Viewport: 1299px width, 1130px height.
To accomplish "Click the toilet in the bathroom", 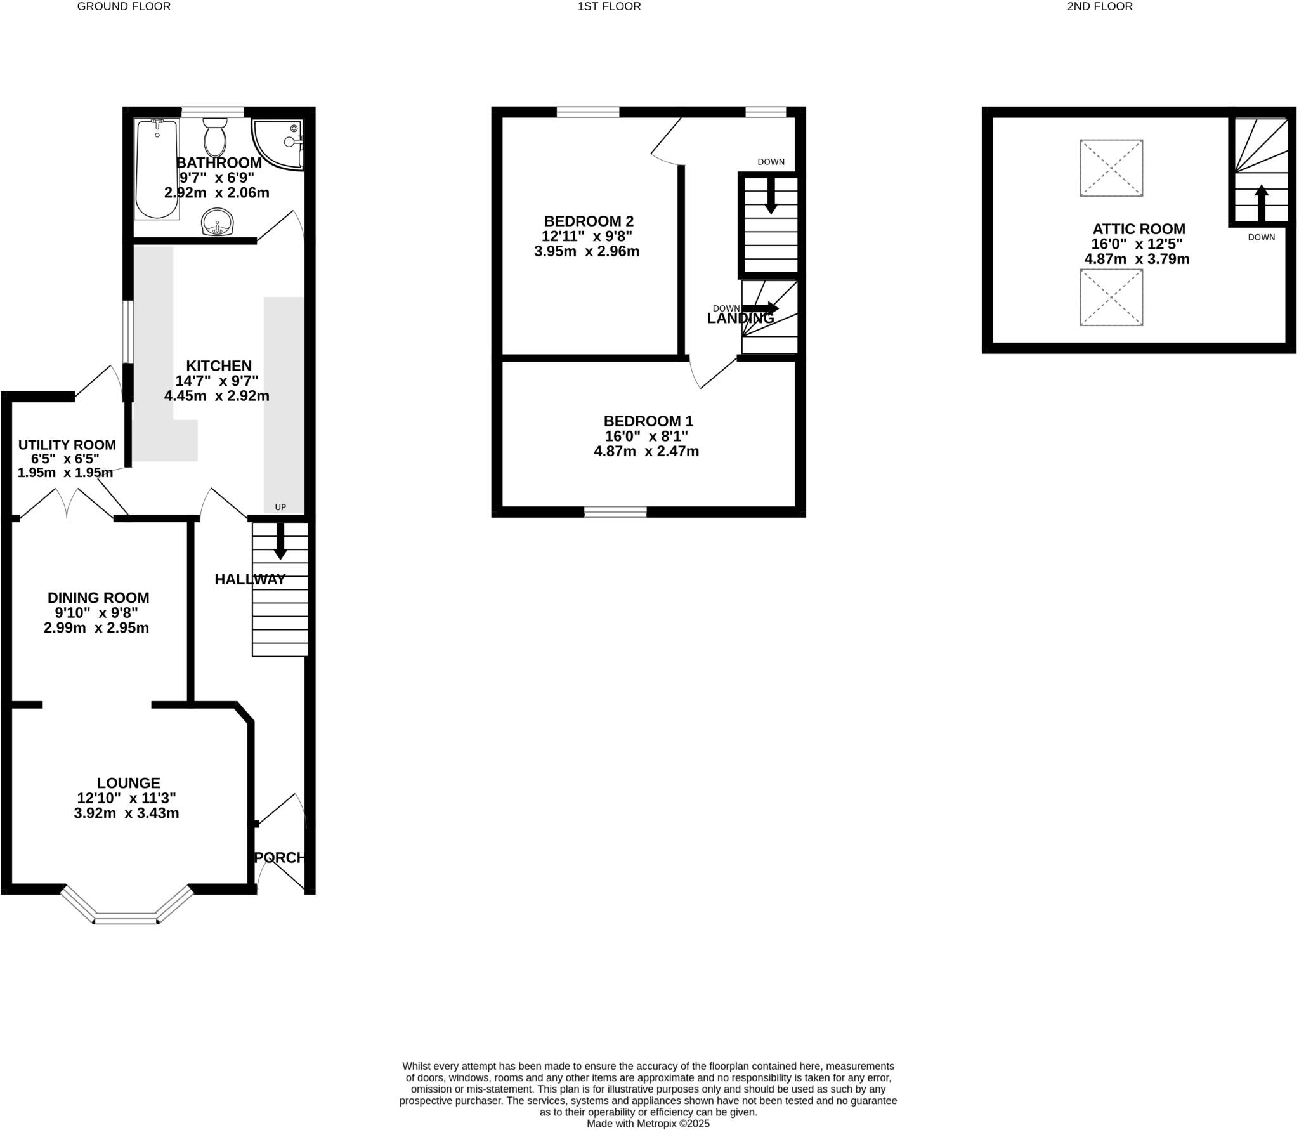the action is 215,137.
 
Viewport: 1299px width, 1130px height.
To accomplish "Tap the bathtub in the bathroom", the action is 157,169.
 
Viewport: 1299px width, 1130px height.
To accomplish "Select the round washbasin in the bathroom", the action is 218,221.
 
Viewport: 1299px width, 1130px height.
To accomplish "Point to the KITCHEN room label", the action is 219,366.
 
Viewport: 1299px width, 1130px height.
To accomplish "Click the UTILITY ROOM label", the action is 67,445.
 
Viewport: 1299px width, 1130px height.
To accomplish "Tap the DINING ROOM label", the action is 98,598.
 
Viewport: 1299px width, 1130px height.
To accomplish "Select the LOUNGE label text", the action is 128,783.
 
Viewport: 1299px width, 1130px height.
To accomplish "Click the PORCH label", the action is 280,858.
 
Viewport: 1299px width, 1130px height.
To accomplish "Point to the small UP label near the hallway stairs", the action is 280,507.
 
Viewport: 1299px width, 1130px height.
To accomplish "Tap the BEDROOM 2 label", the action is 589,221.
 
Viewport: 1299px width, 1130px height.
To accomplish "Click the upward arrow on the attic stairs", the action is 1262,203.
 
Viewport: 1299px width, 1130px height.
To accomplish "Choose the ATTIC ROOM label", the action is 1139,229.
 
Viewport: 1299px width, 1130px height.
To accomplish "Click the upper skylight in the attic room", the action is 1111,168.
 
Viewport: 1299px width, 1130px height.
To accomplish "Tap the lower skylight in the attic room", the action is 1111,298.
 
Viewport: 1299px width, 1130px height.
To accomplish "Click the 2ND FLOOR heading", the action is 1099,6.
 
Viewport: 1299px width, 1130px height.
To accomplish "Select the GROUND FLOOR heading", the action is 124,6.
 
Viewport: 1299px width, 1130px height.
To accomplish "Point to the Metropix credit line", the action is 648,1124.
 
